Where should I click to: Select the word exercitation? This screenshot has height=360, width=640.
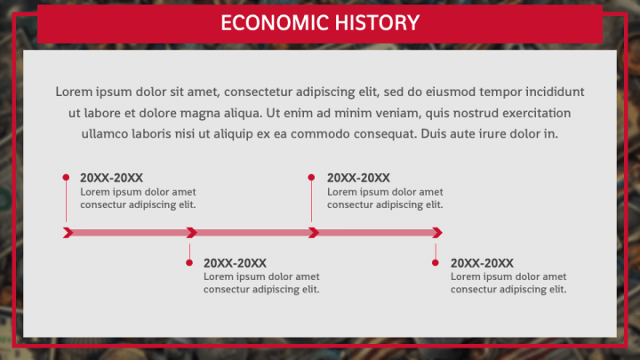(537, 113)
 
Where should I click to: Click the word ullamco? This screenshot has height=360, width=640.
(105, 134)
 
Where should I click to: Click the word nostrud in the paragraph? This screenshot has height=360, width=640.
(475, 113)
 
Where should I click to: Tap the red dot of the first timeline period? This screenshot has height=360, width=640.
(66, 177)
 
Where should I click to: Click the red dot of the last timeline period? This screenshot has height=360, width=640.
(436, 262)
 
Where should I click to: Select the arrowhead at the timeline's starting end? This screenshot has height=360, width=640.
(68, 233)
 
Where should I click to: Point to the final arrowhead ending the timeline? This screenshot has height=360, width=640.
(437, 233)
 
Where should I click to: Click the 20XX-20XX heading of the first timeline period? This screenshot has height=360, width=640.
(111, 178)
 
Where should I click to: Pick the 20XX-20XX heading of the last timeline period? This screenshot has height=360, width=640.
(482, 263)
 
